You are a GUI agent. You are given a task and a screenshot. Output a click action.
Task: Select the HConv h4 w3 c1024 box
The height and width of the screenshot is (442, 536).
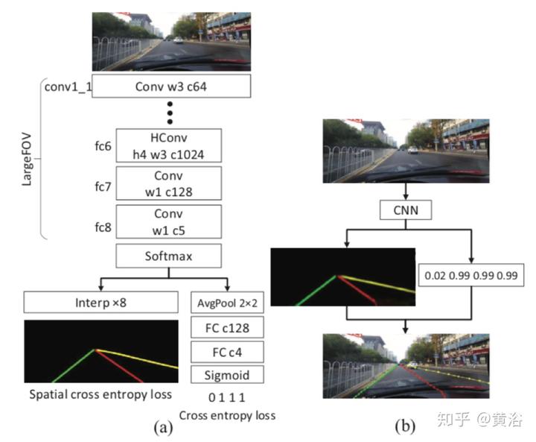pos(170,146)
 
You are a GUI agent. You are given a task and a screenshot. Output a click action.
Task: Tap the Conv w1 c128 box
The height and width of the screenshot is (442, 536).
pos(170,183)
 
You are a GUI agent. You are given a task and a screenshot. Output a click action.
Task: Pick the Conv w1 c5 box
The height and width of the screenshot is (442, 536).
pos(170,221)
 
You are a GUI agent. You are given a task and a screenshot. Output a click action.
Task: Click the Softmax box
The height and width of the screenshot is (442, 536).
pos(170,257)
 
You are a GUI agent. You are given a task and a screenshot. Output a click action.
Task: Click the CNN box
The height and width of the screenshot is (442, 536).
pos(406,212)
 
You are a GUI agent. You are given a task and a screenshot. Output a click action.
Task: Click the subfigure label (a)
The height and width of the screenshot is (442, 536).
pos(163,427)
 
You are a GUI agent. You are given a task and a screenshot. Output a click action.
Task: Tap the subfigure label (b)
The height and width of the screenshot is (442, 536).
pos(405,427)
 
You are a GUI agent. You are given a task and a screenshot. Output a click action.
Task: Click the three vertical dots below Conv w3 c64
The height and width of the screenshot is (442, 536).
pos(170,112)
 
